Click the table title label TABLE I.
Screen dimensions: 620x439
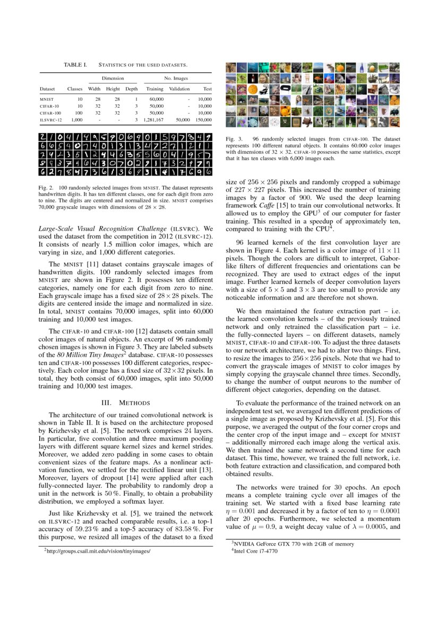click(x=75, y=65)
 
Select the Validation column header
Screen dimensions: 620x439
click(x=179, y=89)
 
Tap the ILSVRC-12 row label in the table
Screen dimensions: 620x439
click(x=51, y=120)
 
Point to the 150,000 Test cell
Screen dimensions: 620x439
click(x=203, y=120)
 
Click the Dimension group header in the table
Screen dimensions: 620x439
click(x=113, y=78)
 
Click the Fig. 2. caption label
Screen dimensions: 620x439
click(x=47, y=188)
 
